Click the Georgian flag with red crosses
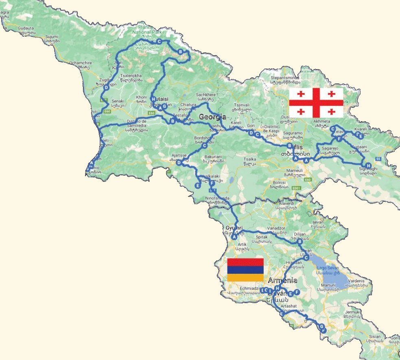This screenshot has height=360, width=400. pyautogui.click(x=316, y=103)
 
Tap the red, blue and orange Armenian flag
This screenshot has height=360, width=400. pyautogui.click(x=245, y=270)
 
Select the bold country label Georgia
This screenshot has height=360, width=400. pyautogui.click(x=212, y=117)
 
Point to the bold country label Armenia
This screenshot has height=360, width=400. pyautogui.click(x=282, y=281)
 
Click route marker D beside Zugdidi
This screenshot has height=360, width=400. pyautogui.click(x=106, y=87)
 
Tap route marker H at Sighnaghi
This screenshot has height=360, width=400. pyautogui.click(x=368, y=165)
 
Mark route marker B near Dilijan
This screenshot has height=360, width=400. pyautogui.click(x=300, y=242)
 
